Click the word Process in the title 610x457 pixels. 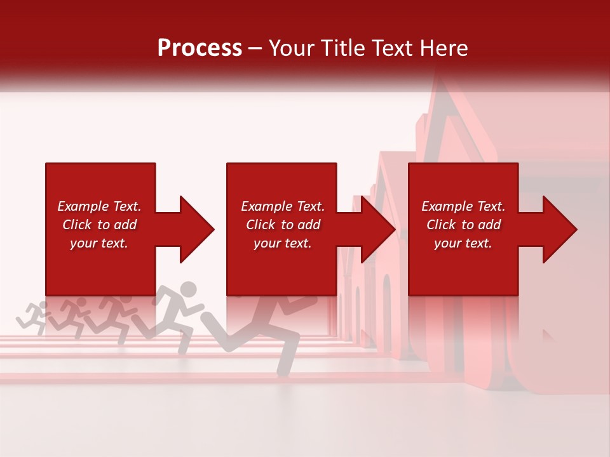(200, 48)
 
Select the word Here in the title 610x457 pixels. (444, 48)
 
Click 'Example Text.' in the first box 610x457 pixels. (99, 206)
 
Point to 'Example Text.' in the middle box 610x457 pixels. (283, 206)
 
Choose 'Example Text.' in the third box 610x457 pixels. (463, 206)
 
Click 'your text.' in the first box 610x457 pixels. (99, 243)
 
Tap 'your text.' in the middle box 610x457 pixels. (283, 243)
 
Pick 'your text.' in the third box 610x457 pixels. (463, 243)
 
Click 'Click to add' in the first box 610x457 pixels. (99, 225)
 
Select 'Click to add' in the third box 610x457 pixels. (463, 225)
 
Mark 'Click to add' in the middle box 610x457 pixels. (283, 225)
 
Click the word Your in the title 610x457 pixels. (290, 48)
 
